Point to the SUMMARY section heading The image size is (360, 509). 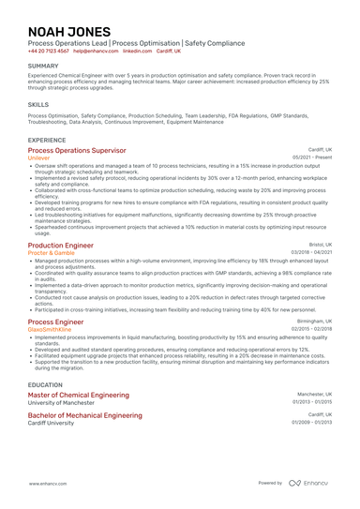(x=43, y=66)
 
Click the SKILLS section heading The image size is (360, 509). (x=38, y=105)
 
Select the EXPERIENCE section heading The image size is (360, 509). (x=47, y=140)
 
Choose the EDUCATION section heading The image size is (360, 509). (x=46, y=385)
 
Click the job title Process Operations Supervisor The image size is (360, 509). (x=77, y=150)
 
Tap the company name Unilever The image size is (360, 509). (x=40, y=158)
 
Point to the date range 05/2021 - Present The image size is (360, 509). (x=312, y=157)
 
